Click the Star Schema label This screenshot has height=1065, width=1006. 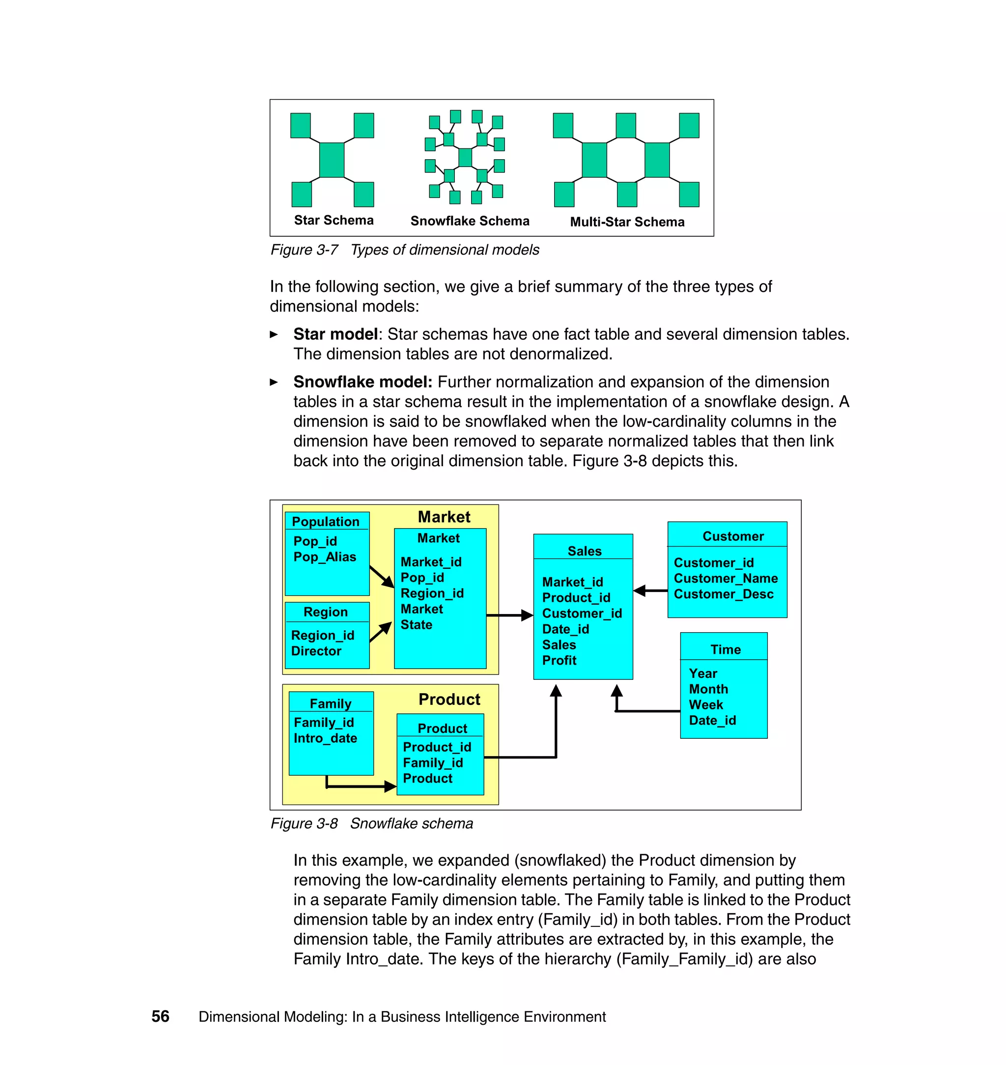334,221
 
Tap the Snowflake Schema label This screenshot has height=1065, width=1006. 470,221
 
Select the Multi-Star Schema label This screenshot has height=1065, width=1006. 627,222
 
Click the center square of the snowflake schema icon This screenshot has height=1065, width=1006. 465,158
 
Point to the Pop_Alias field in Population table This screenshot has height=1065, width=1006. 324,557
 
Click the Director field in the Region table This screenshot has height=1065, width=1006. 316,651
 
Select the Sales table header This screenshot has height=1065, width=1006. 584,551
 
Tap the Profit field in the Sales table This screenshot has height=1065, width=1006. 559,661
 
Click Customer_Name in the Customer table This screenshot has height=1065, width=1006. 725,579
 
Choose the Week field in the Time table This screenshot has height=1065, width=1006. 705,704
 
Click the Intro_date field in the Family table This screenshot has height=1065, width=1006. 325,738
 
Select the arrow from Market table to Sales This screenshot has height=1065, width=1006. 509,616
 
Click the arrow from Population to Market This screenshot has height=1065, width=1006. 382,577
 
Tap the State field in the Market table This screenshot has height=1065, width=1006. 416,625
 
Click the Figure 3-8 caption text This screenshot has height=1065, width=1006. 372,824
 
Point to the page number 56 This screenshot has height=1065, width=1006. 160,1016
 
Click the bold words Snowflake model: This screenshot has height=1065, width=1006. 363,382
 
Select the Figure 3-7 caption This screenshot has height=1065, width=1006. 404,250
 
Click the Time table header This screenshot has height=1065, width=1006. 725,649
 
